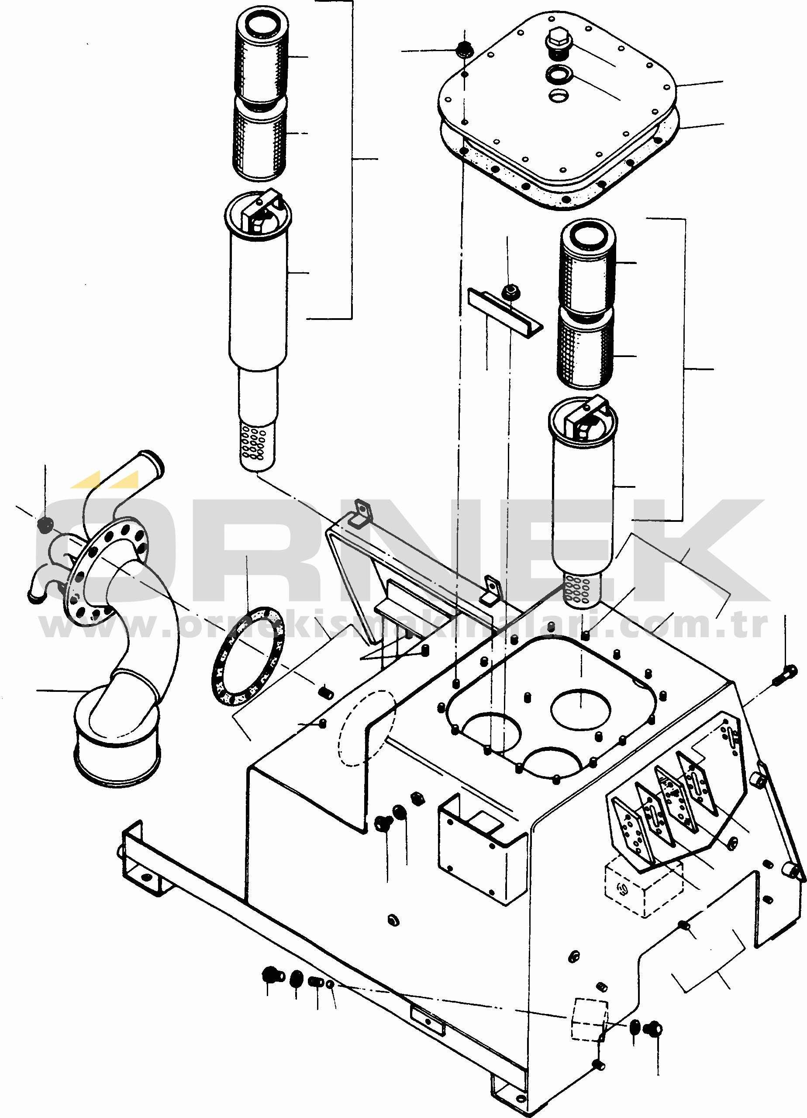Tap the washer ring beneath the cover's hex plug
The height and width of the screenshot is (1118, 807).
coord(558,74)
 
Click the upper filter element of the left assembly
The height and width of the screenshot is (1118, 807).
coord(262,57)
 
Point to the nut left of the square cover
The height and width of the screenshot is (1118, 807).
coord(463,49)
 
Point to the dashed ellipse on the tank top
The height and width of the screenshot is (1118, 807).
coord(367,728)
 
